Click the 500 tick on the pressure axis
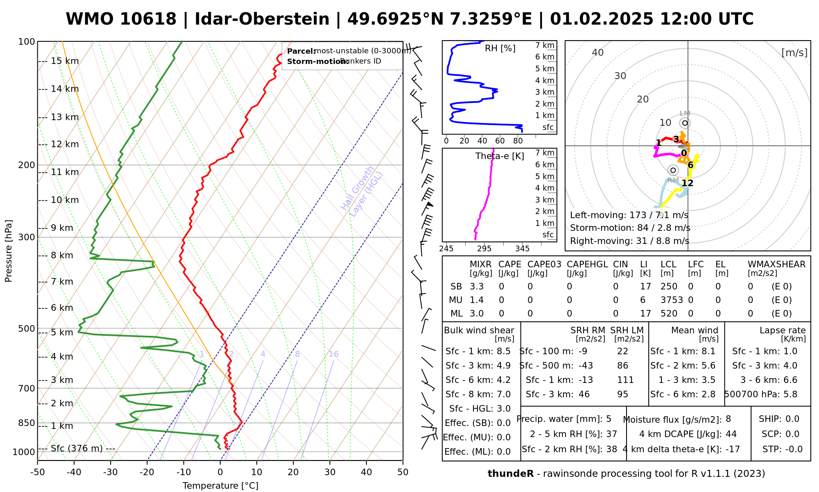(27, 329)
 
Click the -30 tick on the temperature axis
(111, 472)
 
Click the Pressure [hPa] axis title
(9, 251)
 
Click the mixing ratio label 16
(333, 354)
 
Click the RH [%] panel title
(500, 48)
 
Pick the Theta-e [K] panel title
(500, 156)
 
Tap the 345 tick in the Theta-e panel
(522, 249)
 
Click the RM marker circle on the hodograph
(673, 170)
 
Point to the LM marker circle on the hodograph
(685, 123)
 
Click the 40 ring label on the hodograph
(598, 52)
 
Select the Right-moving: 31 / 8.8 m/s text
(629, 241)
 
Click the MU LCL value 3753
(672, 300)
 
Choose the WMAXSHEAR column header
(776, 264)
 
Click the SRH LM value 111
(625, 380)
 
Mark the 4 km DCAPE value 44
(731, 434)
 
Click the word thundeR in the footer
(510, 474)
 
